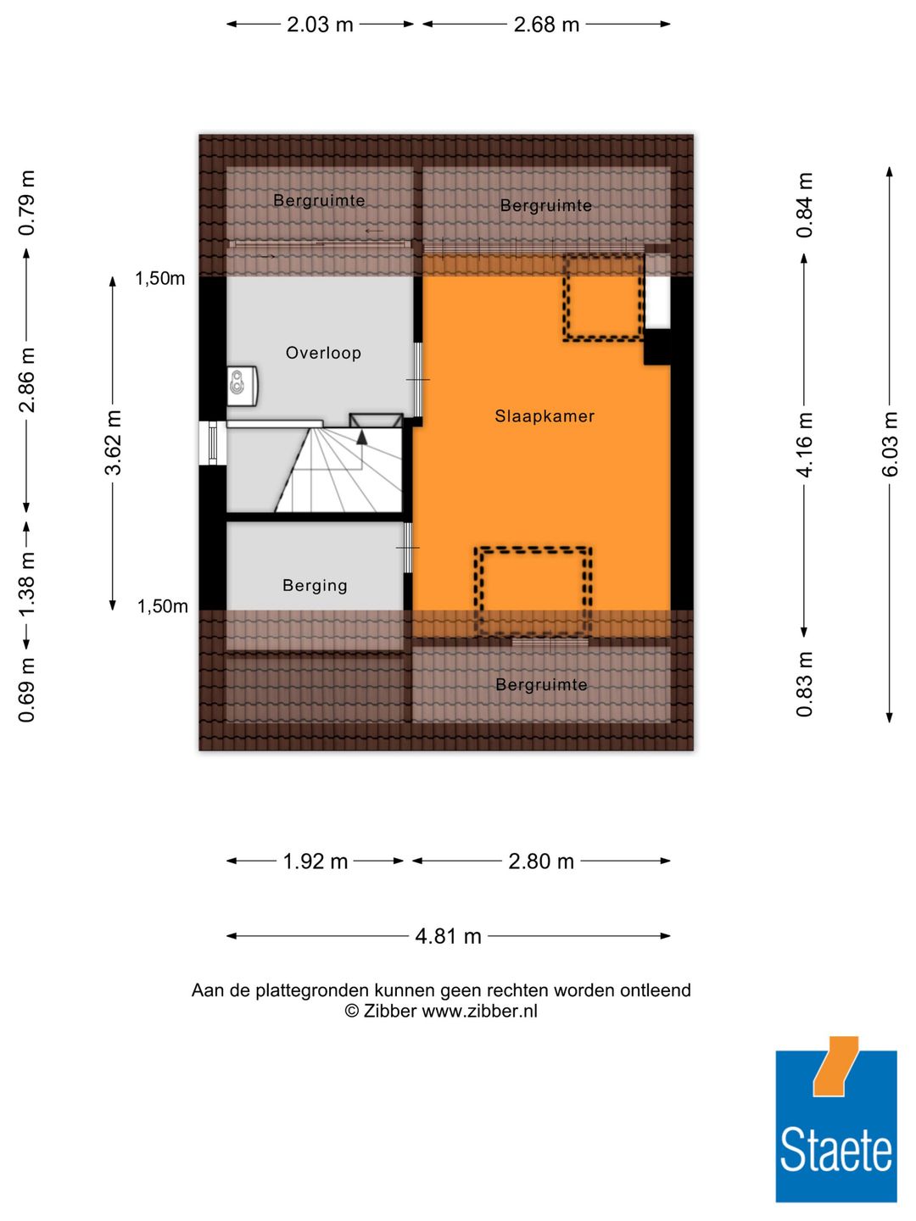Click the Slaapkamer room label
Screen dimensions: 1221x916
545,416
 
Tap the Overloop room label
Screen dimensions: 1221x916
323,353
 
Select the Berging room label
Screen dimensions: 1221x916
315,586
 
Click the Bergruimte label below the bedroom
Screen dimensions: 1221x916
541,685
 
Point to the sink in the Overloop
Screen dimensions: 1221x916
242,386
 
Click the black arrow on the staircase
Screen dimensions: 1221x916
362,438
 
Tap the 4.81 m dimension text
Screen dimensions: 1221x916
448,936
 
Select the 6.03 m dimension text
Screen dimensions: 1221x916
890,444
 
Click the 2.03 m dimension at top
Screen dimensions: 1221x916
320,25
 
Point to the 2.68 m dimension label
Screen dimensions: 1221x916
546,25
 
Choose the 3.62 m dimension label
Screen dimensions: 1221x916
113,443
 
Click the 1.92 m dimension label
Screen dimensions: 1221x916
315,861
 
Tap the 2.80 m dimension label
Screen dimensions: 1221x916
541,861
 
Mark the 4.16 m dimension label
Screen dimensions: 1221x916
804,444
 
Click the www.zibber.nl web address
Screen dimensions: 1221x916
479,1011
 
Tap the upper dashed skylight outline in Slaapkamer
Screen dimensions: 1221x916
604,298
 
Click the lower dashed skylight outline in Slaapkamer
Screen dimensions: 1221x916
533,592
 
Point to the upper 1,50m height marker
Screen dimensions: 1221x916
159,279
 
